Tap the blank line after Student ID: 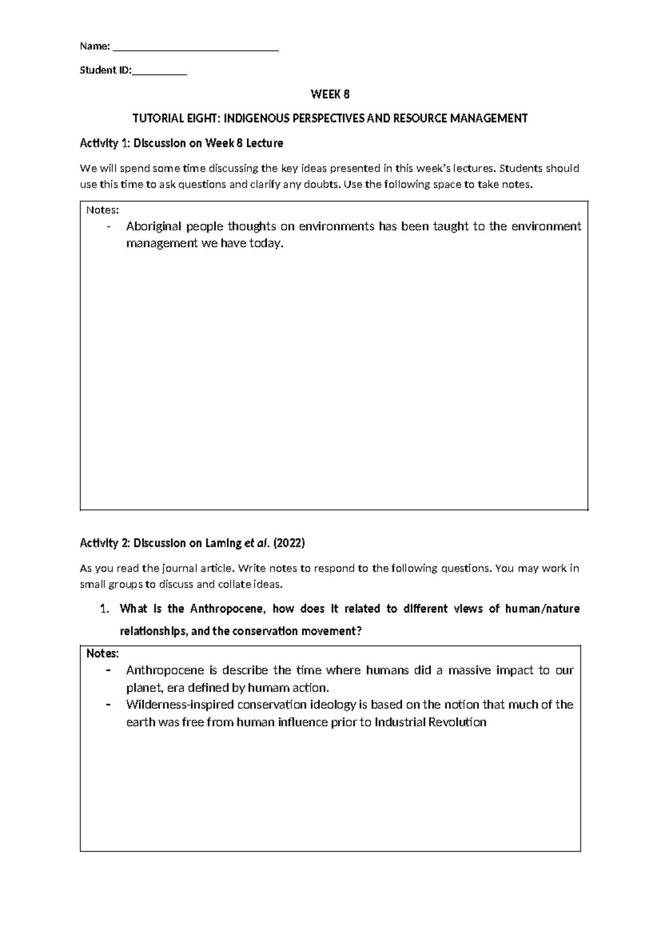(159, 73)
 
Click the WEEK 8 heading (330, 94)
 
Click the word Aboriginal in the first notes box (153, 227)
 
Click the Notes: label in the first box (102, 209)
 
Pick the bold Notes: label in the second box (103, 653)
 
